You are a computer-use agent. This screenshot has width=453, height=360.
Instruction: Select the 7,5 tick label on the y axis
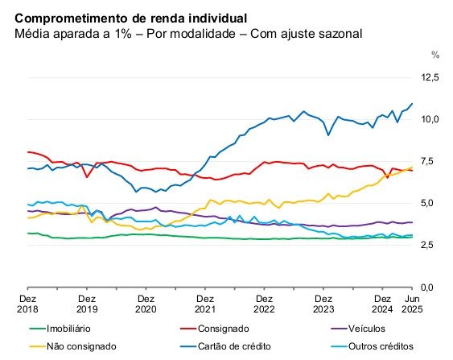point(431,161)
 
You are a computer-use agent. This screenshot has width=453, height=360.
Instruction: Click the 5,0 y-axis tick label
point(431,203)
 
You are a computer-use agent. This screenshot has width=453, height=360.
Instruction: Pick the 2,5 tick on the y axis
point(431,245)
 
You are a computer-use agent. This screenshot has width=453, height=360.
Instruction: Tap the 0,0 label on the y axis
point(431,287)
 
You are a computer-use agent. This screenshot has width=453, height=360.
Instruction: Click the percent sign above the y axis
point(435,56)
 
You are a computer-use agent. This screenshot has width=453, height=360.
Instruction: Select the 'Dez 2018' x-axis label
point(28,303)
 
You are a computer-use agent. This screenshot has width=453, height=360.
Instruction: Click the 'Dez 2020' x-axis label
point(146,303)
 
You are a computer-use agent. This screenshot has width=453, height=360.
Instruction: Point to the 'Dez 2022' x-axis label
point(264,303)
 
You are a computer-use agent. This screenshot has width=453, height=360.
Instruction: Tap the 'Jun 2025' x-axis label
point(412,303)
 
